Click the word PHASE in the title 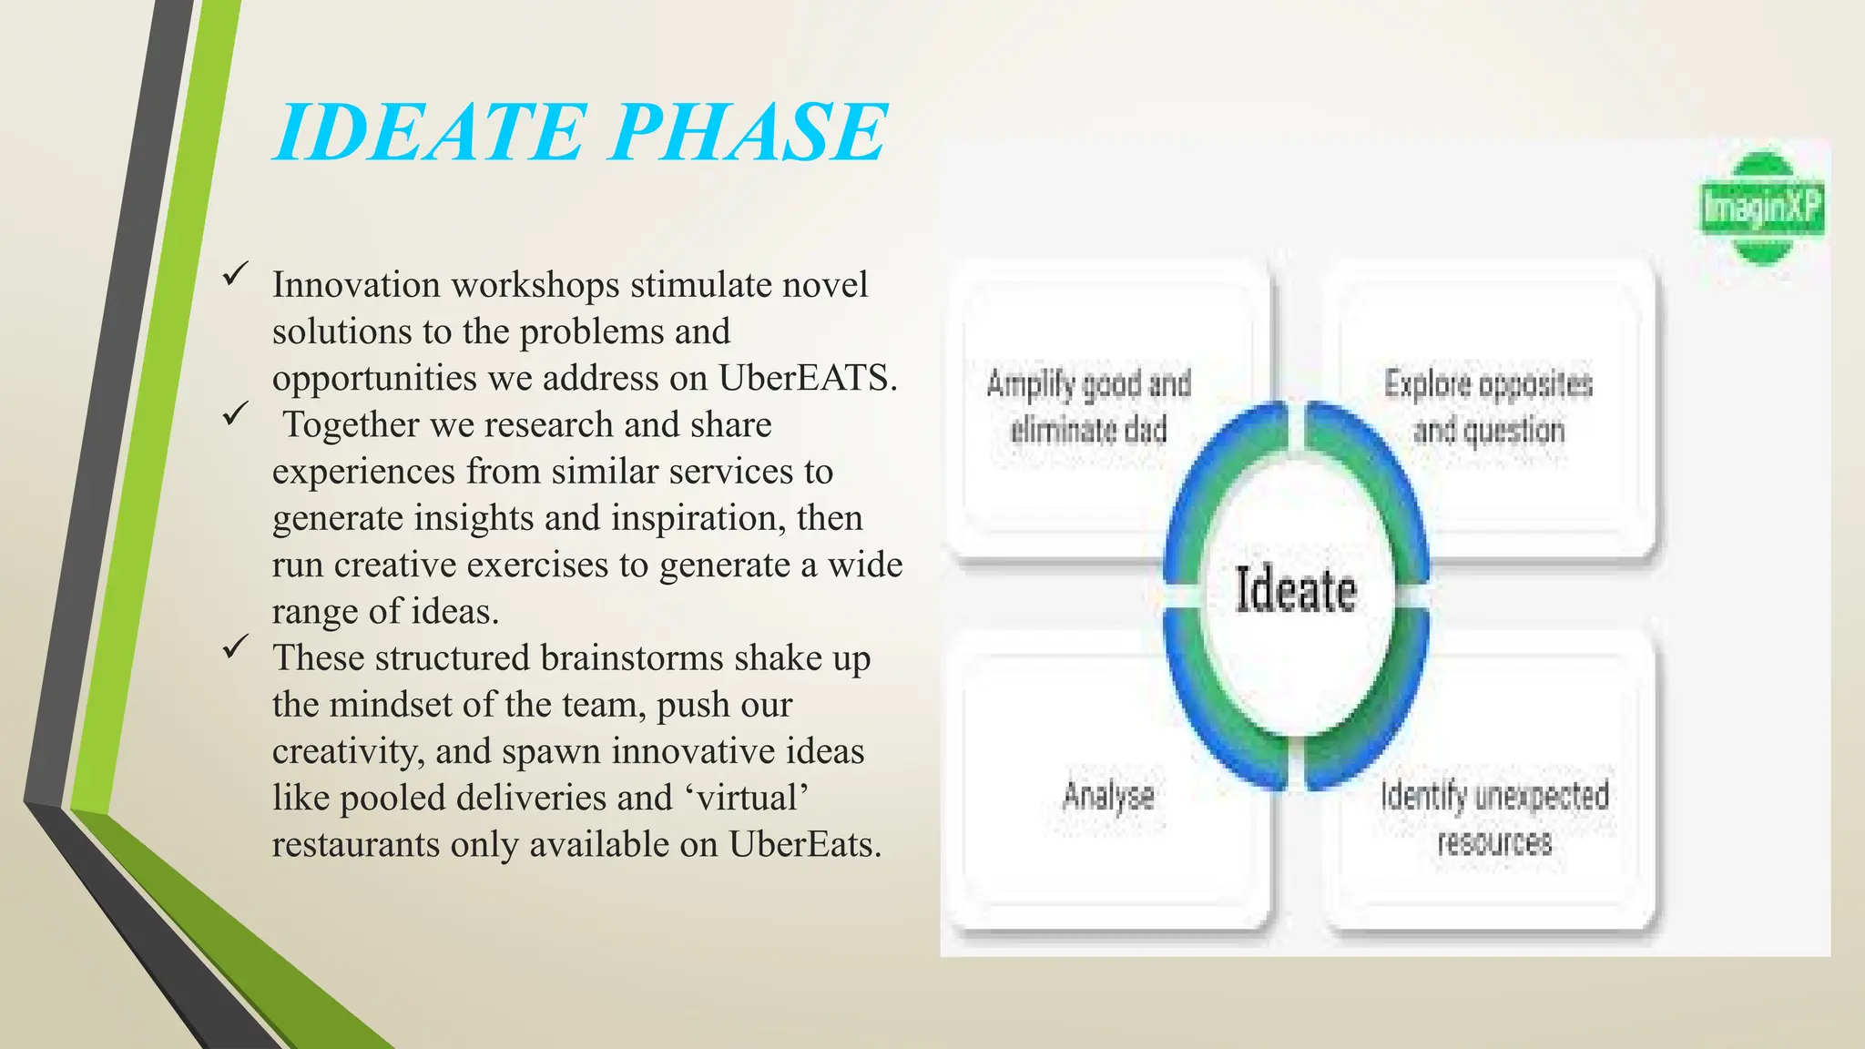pyautogui.click(x=748, y=133)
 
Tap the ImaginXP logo pyautogui.click(x=1761, y=209)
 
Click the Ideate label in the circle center pyautogui.click(x=1295, y=589)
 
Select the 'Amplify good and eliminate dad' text pyautogui.click(x=1089, y=406)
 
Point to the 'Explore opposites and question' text pyautogui.click(x=1488, y=406)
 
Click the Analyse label pyautogui.click(x=1108, y=796)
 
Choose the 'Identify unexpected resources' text pyautogui.click(x=1494, y=818)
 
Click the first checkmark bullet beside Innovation pyautogui.click(x=236, y=272)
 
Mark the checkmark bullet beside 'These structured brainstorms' pyautogui.click(x=236, y=646)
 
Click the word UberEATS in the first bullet pyautogui.click(x=807, y=378)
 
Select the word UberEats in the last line pyautogui.click(x=804, y=844)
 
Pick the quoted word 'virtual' pyautogui.click(x=747, y=798)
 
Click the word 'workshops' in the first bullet pyautogui.click(x=535, y=285)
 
